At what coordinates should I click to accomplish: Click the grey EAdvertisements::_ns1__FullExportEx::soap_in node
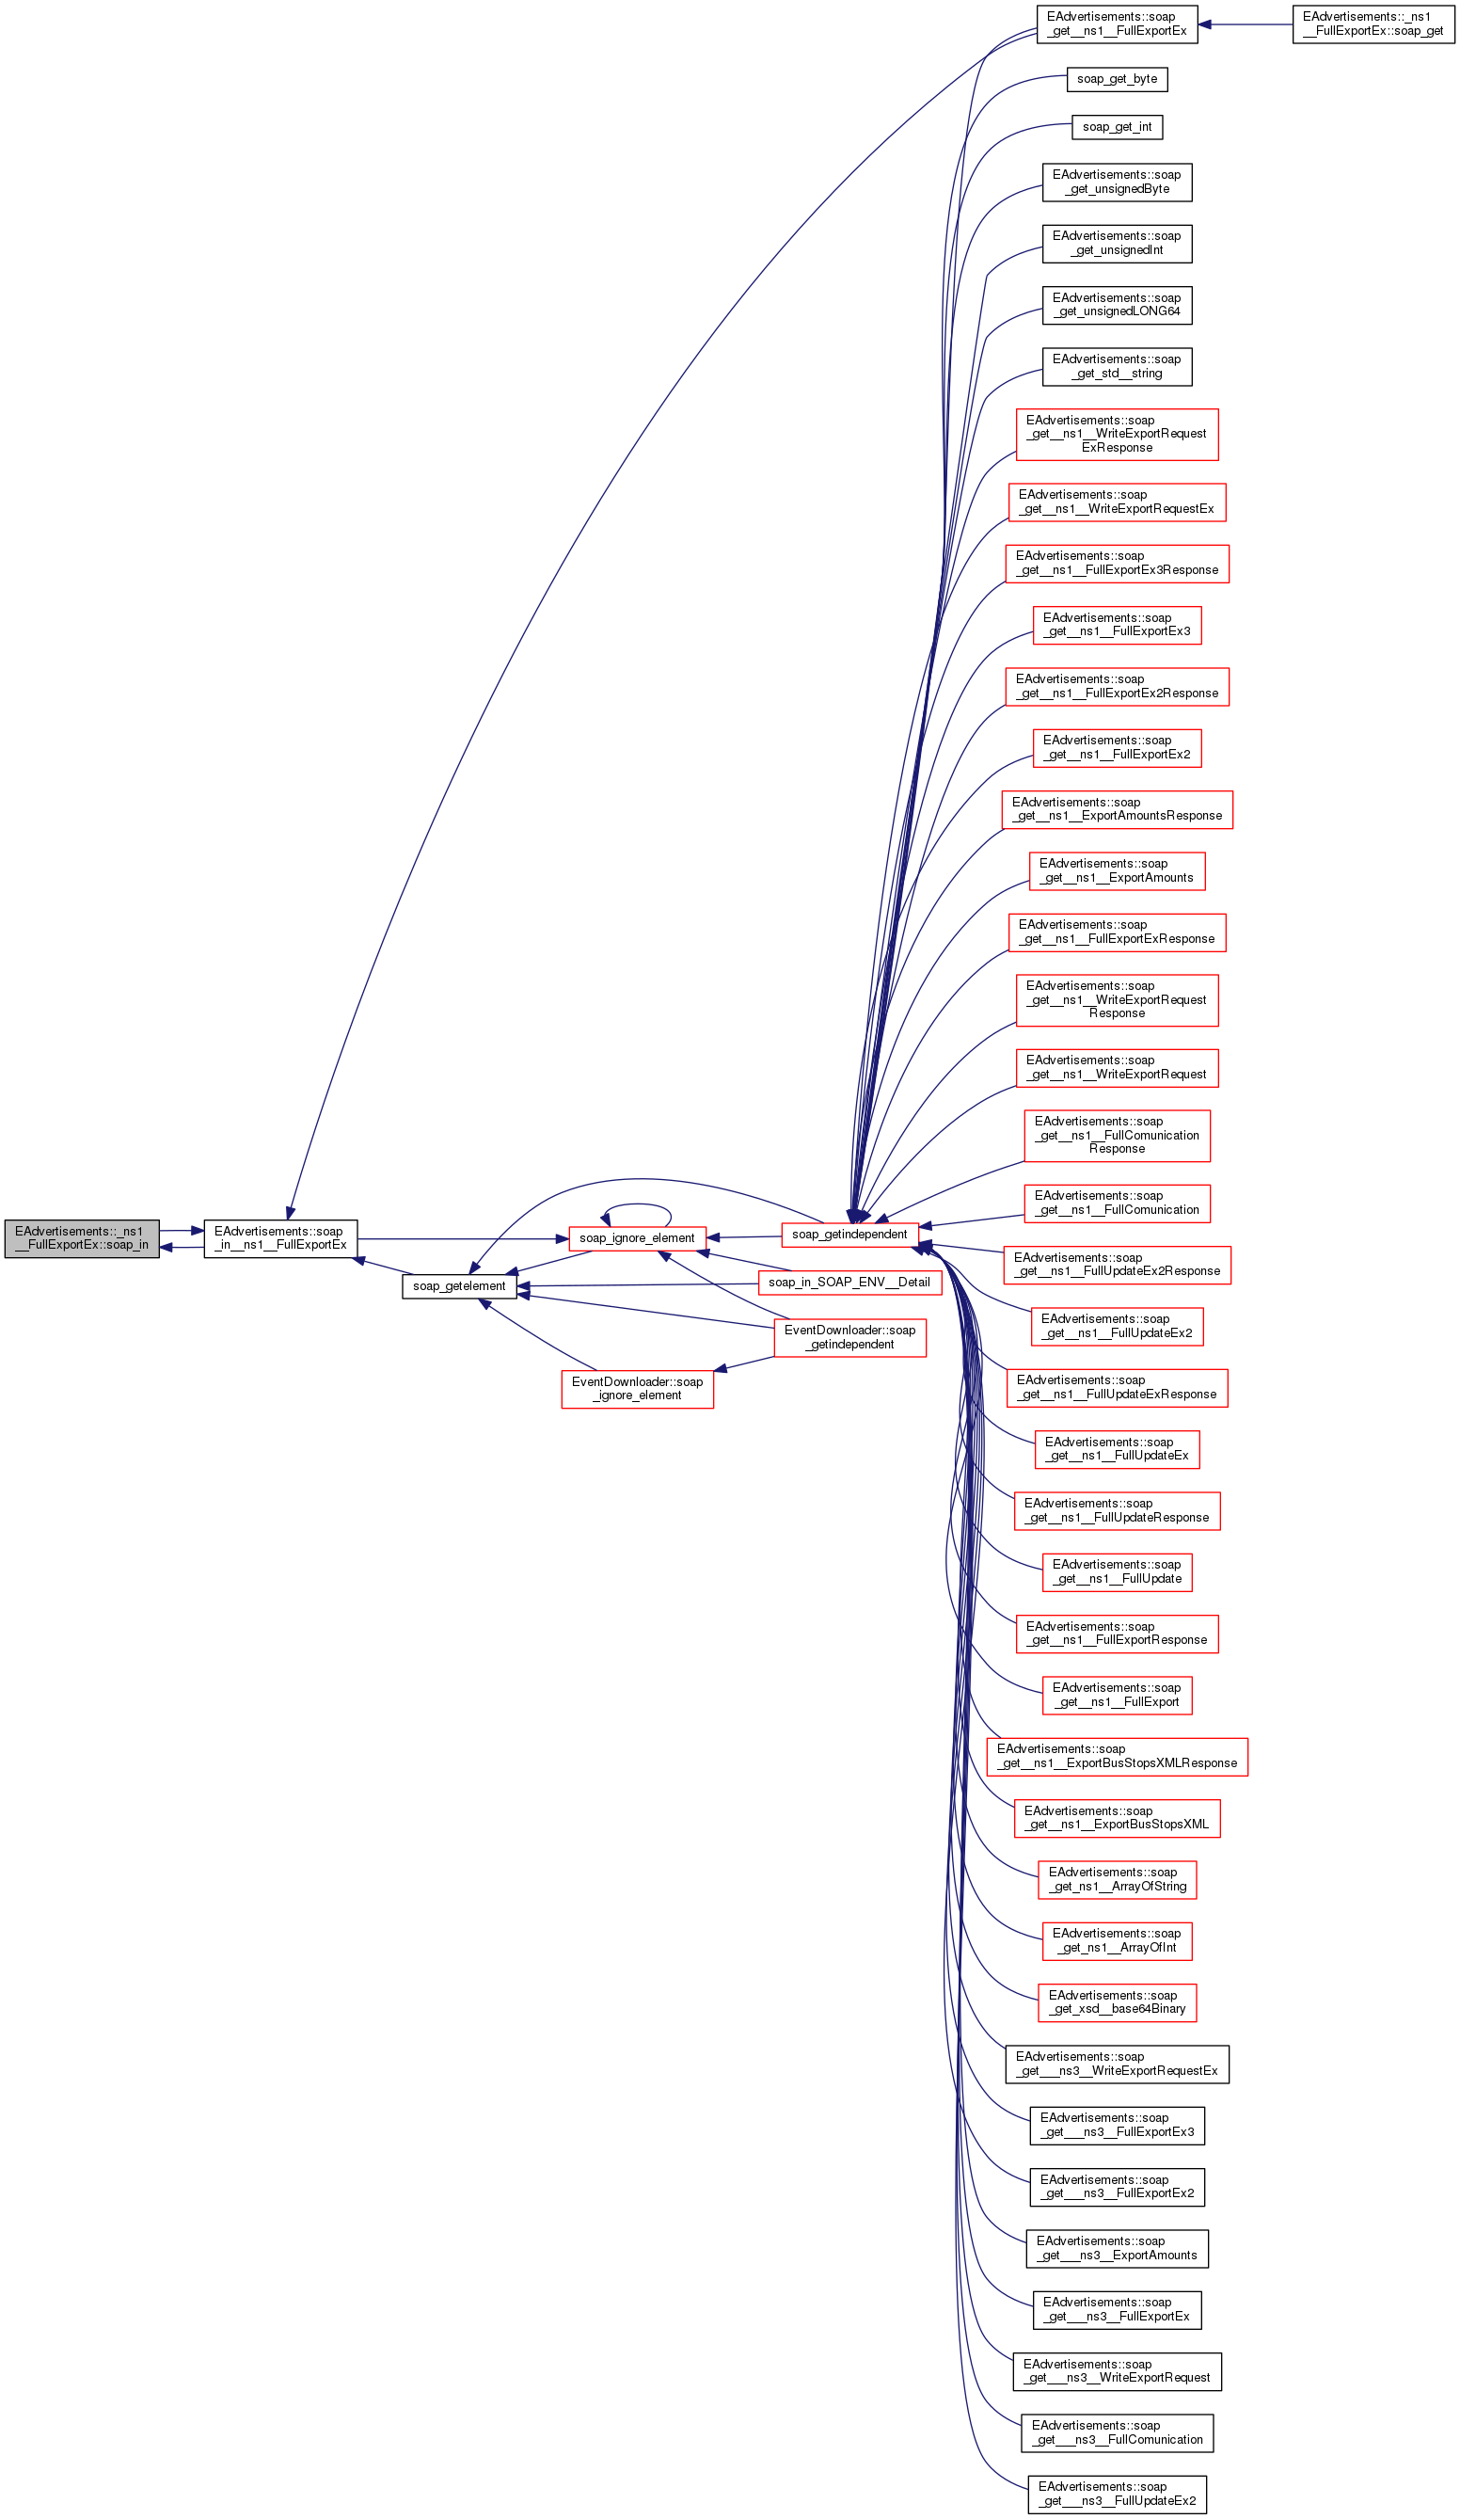[82, 1237]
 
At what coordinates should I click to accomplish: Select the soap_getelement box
[459, 1285]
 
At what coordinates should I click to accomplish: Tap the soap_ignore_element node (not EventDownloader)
[637, 1237]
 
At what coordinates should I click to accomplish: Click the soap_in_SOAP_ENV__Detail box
[849, 1283]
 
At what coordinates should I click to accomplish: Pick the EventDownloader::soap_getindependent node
[849, 1337]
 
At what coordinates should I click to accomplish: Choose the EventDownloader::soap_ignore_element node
[637, 1389]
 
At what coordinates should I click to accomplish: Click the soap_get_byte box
[1117, 79]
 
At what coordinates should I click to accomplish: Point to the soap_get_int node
[1117, 127]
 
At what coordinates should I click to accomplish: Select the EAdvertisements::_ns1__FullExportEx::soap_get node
[1373, 24]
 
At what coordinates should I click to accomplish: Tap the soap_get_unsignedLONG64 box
[1117, 305]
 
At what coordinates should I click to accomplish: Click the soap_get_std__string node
[1117, 367]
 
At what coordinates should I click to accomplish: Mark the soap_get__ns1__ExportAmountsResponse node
[1117, 809]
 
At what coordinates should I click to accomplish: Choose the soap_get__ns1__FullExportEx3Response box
[1117, 563]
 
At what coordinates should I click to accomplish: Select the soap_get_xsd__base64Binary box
[1117, 2002]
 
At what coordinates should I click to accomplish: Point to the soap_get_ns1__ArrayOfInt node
[1117, 1940]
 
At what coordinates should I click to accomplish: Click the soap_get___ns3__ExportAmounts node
[1117, 2248]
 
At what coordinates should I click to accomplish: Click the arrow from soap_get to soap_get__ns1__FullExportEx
[1245, 24]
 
